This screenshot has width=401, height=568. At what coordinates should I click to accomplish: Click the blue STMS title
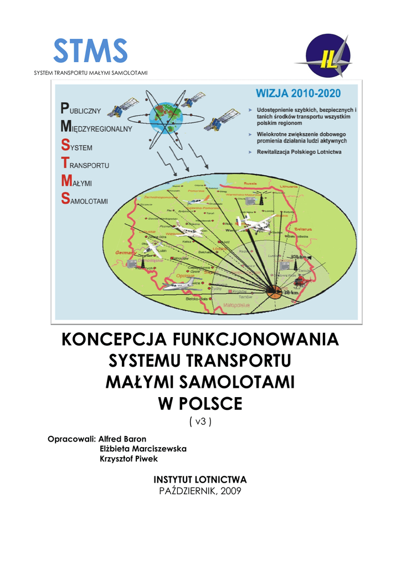pyautogui.click(x=90, y=52)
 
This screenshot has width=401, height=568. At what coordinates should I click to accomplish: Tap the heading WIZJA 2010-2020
pyautogui.click(x=298, y=93)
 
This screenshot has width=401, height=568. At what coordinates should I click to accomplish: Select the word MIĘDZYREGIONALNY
pyautogui.click(x=96, y=129)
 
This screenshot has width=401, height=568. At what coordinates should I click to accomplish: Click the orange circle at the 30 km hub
pyautogui.click(x=274, y=290)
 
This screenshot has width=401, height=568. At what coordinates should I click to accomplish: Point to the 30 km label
pyautogui.click(x=291, y=293)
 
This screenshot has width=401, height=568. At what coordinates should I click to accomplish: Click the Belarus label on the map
pyautogui.click(x=303, y=229)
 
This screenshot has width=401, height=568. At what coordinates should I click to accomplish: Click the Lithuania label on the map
pyautogui.click(x=289, y=187)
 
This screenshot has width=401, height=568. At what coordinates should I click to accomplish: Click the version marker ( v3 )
pyautogui.click(x=200, y=422)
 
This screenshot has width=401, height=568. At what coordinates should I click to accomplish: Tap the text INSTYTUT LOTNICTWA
pyautogui.click(x=200, y=479)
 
